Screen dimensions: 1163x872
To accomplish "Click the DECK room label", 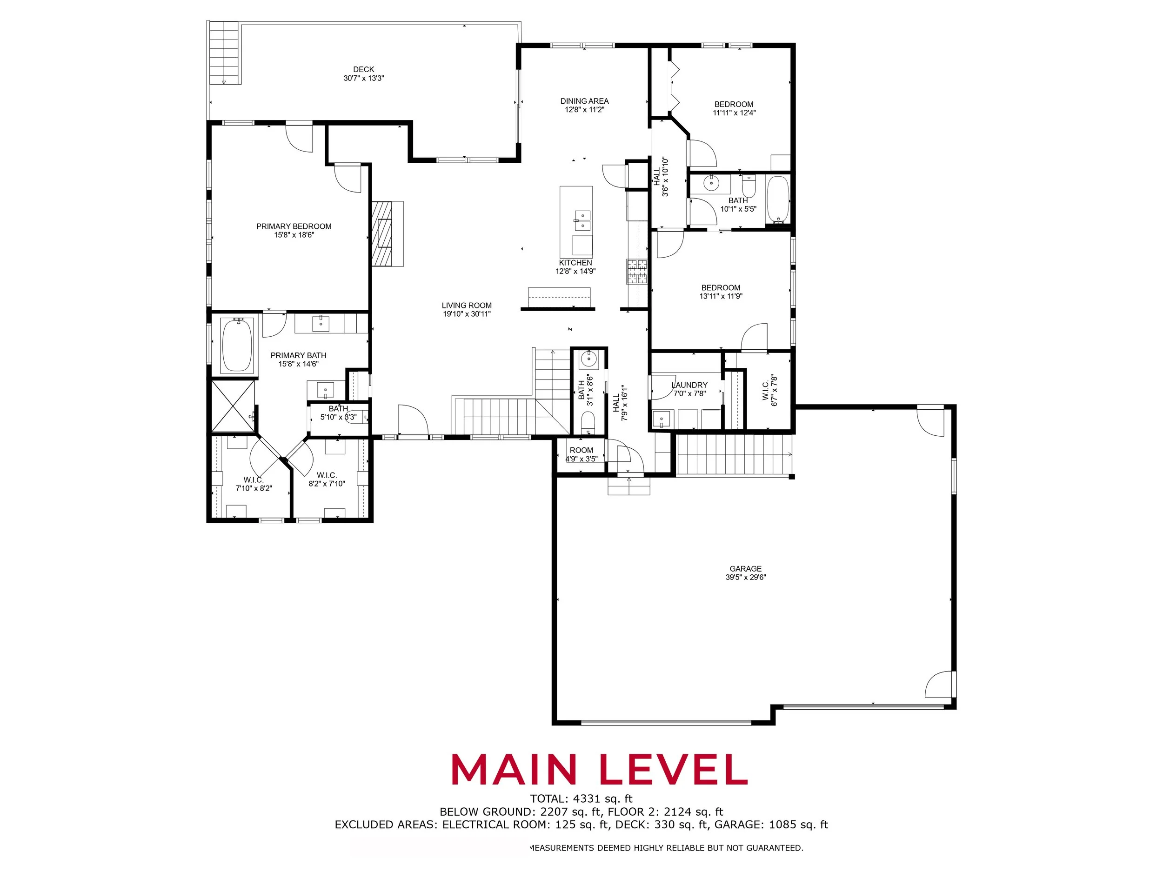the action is coord(363,69).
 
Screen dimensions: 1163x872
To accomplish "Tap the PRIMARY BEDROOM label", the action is coord(294,226).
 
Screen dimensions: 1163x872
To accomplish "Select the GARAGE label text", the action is coord(746,569).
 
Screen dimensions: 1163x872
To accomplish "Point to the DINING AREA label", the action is coord(584,101).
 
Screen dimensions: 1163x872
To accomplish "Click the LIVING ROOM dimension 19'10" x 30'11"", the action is coord(467,314).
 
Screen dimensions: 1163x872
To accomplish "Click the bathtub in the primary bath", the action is coord(237,344).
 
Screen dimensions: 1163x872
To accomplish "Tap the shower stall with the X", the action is coord(233,406).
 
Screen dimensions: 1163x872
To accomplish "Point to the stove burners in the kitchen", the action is coord(637,271).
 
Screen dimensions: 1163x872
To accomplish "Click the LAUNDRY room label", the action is coord(690,385).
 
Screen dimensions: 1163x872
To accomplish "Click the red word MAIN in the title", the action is coord(514,770).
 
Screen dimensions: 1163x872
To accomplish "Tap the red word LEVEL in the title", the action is coord(674,770).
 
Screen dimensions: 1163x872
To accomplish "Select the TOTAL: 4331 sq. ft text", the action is coord(581,799).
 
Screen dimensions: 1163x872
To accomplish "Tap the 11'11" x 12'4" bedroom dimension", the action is coord(734,113).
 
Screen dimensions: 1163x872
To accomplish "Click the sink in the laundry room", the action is coord(661,419).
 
